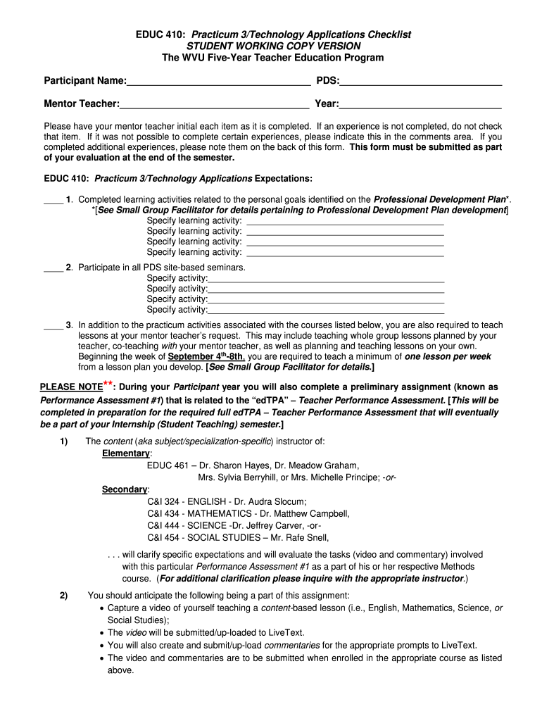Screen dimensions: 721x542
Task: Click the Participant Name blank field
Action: pyautogui.click(x=218, y=81)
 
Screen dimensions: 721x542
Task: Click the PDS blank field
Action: pyautogui.click(x=420, y=81)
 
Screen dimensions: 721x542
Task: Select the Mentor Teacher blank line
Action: pyautogui.click(x=214, y=104)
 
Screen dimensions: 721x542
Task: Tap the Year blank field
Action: pyautogui.click(x=420, y=104)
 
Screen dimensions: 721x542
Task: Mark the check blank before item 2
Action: pyautogui.click(x=53, y=268)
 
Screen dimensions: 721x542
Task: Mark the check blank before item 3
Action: pyautogui.click(x=53, y=325)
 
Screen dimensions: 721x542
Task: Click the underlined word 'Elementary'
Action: pyautogui.click(x=127, y=453)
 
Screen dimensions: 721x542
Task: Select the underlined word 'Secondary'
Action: pyautogui.click(x=125, y=489)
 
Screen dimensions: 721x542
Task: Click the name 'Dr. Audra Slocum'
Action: pyautogui.click(x=267, y=501)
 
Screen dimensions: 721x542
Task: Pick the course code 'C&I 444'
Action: pyautogui.click(x=164, y=525)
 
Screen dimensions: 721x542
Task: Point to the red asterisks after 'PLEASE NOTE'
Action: pyautogui.click(x=108, y=384)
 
